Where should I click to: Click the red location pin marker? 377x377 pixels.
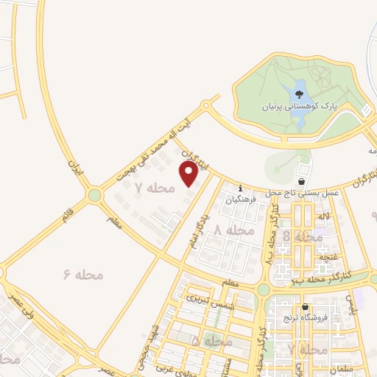(188, 174)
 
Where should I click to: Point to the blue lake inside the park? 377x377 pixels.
(300, 95)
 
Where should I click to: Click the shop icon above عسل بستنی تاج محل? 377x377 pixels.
(301, 180)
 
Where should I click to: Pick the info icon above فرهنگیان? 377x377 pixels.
(239, 187)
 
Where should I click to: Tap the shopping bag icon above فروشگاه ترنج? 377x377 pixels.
(305, 306)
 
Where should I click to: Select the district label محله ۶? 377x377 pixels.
(83, 275)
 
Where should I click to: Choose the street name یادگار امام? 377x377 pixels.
(195, 230)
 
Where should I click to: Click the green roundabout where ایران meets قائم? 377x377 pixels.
(94, 196)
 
